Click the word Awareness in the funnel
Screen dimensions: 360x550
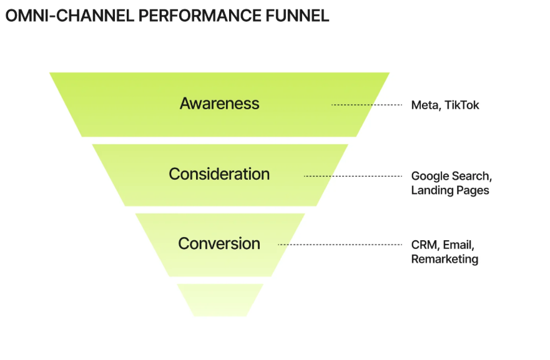tap(219, 104)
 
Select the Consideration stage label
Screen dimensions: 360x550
tap(219, 174)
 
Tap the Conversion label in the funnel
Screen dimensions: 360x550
tap(219, 243)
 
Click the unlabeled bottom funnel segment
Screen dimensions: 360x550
tap(220, 299)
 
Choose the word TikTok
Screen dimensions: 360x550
tap(462, 105)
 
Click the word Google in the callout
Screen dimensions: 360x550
tap(430, 176)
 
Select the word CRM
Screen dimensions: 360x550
tap(424, 245)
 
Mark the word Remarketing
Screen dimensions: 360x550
tap(444, 259)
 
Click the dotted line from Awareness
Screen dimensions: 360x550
tap(366, 105)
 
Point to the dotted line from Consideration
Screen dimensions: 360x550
tap(353, 176)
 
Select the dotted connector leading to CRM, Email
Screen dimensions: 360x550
tap(340, 245)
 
